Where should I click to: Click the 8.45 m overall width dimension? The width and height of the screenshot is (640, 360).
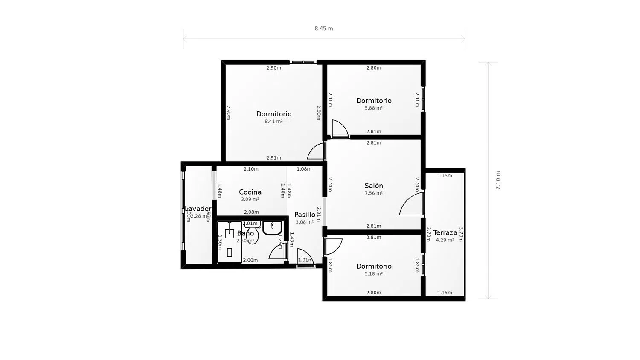tap(324, 29)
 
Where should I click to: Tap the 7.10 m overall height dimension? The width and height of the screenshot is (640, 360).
tap(498, 180)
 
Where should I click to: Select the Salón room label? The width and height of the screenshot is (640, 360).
tap(374, 186)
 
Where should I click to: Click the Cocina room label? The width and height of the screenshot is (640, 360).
tap(250, 192)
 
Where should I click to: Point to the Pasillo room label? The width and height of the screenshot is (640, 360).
tap(305, 215)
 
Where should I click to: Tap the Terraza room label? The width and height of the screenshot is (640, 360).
tap(445, 232)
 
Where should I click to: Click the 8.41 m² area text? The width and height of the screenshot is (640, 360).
tap(273, 121)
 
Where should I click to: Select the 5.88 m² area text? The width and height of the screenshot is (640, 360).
tap(373, 108)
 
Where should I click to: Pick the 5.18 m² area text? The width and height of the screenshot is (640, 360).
tap(373, 273)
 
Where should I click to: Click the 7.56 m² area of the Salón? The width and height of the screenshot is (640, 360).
tap(373, 193)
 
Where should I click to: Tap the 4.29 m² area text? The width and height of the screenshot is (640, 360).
tap(445, 240)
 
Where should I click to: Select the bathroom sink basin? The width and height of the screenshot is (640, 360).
tap(272, 228)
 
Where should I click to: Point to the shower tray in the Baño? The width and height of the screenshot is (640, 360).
tap(230, 242)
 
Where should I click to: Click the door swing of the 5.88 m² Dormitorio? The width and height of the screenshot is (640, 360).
tap(340, 128)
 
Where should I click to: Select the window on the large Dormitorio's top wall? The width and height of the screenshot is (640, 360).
tap(303, 62)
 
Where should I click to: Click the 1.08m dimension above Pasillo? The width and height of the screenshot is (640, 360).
tap(304, 169)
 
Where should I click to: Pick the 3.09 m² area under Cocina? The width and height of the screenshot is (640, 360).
tap(250, 199)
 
